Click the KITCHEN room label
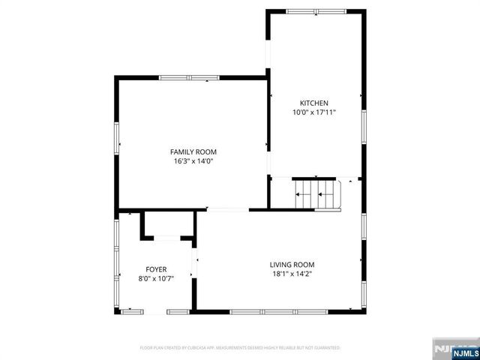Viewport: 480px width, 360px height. (314, 103)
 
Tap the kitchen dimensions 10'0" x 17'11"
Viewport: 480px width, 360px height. (314, 112)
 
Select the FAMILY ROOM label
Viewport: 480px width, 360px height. (193, 152)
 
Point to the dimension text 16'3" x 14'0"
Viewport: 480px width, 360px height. (193, 161)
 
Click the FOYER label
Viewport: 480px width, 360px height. (156, 269)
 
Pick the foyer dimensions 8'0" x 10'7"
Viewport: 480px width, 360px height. (156, 278)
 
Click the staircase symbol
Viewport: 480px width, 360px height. (316, 194)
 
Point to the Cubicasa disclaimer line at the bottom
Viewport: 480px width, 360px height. (240, 348)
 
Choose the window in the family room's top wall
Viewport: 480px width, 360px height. (189, 77)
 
